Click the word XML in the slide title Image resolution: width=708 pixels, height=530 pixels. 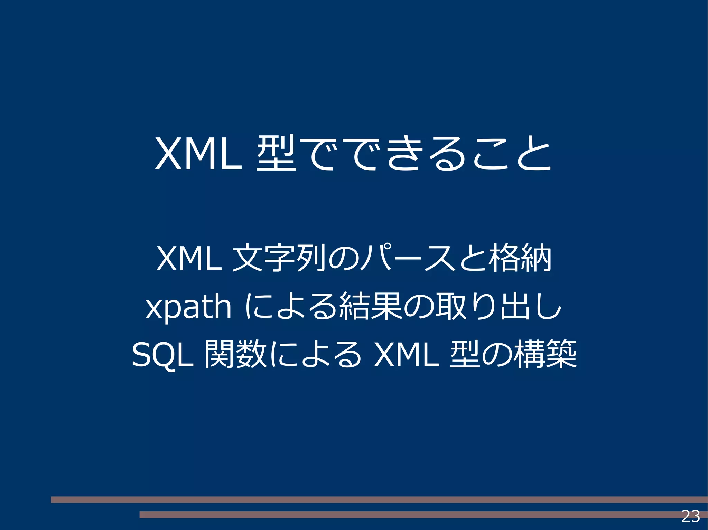pyautogui.click(x=198, y=154)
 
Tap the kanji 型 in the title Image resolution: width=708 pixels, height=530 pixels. pyautogui.click(x=276, y=153)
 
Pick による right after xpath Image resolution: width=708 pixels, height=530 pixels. pyautogui.click(x=291, y=307)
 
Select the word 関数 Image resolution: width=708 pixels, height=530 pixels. pyautogui.click(x=235, y=354)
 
